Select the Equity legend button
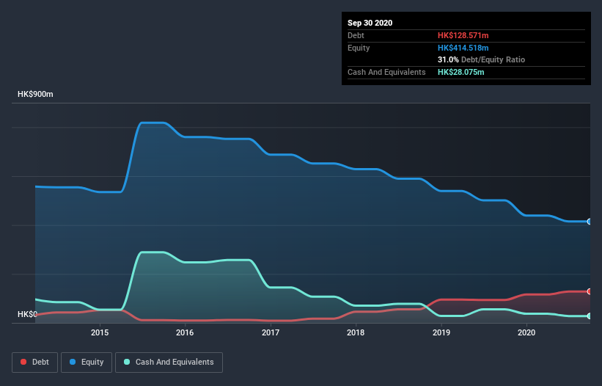pos(87,362)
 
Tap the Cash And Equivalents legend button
pos(169,362)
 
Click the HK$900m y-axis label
pos(35,95)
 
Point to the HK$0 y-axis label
pos(27,314)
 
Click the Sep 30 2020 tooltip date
pos(370,23)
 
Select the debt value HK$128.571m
pos(463,35)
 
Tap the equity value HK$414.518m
pos(463,48)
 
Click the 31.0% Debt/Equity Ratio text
pos(481,59)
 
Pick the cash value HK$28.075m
pos(460,72)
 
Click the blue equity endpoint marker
pos(589,221)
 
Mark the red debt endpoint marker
pos(589,291)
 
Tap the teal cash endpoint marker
pos(589,316)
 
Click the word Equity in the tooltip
pos(359,48)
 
